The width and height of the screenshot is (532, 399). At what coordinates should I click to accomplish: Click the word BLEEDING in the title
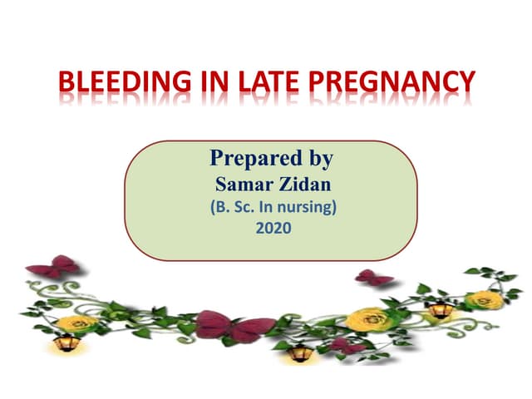pyautogui.click(x=125, y=81)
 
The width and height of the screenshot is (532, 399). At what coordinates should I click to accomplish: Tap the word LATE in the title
pyautogui.click(x=268, y=81)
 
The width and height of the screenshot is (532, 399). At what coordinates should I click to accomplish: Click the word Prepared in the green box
pyautogui.click(x=256, y=159)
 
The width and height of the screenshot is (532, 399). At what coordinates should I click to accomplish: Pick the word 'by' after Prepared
pyautogui.click(x=322, y=159)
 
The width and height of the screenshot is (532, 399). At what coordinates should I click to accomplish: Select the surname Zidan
pyautogui.click(x=305, y=185)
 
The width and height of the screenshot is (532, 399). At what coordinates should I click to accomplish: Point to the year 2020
pyautogui.click(x=273, y=228)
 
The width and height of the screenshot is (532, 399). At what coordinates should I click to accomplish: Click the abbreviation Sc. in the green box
pyautogui.click(x=244, y=207)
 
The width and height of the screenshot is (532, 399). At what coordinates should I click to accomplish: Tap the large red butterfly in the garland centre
pyautogui.click(x=235, y=326)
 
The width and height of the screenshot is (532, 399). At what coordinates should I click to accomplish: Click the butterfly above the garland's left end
pyautogui.click(x=54, y=266)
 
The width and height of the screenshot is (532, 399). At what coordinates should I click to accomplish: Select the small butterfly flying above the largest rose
pyautogui.click(x=374, y=278)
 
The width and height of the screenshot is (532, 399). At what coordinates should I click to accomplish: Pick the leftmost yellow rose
pyautogui.click(x=76, y=323)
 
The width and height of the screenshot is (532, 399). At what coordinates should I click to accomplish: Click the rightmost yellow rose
pyautogui.click(x=484, y=300)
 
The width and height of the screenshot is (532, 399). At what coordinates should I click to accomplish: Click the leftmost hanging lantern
pyautogui.click(x=66, y=342)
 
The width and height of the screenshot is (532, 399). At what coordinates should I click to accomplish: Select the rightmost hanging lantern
pyautogui.click(x=441, y=310)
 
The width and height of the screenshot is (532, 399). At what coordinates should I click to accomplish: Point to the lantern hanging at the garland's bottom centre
pyautogui.click(x=300, y=352)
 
